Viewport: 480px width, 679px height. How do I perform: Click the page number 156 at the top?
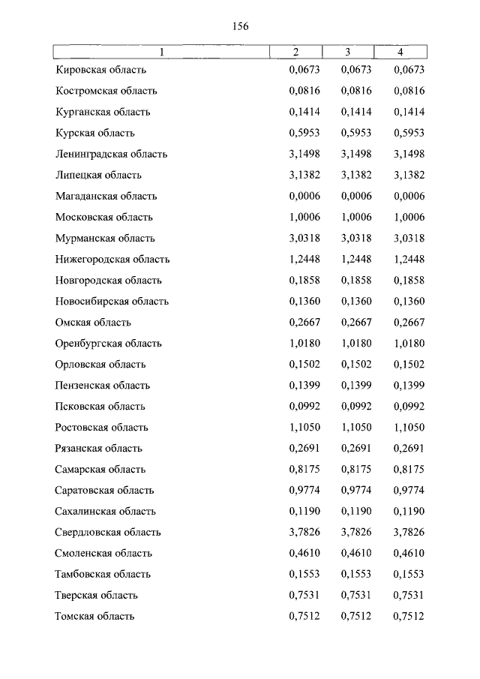[240, 26]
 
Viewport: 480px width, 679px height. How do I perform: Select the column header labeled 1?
[161, 52]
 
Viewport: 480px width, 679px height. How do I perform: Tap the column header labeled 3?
[348, 52]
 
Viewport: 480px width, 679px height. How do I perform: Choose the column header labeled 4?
[400, 52]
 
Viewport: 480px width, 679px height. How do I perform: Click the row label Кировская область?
[100, 70]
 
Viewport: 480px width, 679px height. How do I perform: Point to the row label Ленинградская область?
[111, 154]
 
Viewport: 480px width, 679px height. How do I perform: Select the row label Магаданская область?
[106, 196]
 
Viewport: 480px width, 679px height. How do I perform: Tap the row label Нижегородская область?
[112, 259]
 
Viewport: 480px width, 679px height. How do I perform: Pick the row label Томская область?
[94, 616]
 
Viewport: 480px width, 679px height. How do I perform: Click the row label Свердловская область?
[108, 532]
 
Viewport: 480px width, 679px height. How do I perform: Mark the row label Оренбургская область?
[109, 343]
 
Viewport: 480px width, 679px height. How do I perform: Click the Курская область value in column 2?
[304, 133]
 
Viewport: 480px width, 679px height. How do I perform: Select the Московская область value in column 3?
[356, 217]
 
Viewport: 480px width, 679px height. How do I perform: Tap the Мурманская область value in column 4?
[409, 238]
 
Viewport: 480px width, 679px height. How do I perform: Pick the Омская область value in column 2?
[304, 322]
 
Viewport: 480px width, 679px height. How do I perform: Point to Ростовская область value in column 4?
[409, 427]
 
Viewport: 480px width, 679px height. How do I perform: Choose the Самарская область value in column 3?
[356, 469]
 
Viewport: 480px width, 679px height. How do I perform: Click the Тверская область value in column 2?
[304, 595]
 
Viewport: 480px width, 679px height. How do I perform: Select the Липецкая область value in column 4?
[409, 175]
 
